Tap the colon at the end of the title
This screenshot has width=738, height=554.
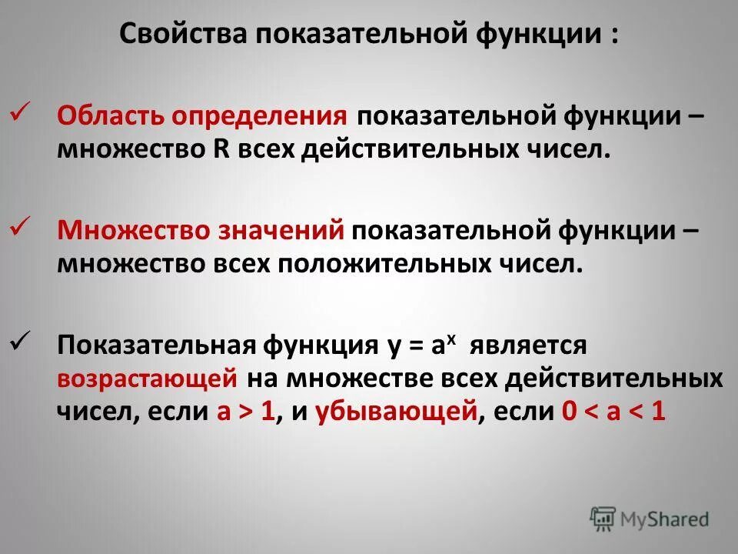point(614,35)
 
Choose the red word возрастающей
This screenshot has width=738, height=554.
point(145,379)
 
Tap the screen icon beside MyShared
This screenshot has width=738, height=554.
point(603,519)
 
